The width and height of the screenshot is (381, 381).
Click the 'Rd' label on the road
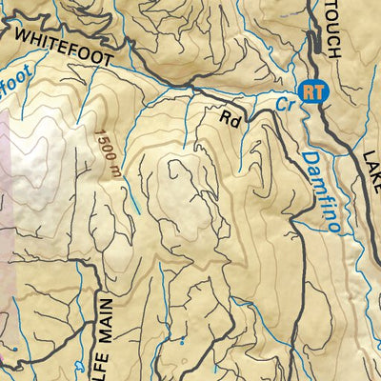pyautogui.click(x=230, y=119)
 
